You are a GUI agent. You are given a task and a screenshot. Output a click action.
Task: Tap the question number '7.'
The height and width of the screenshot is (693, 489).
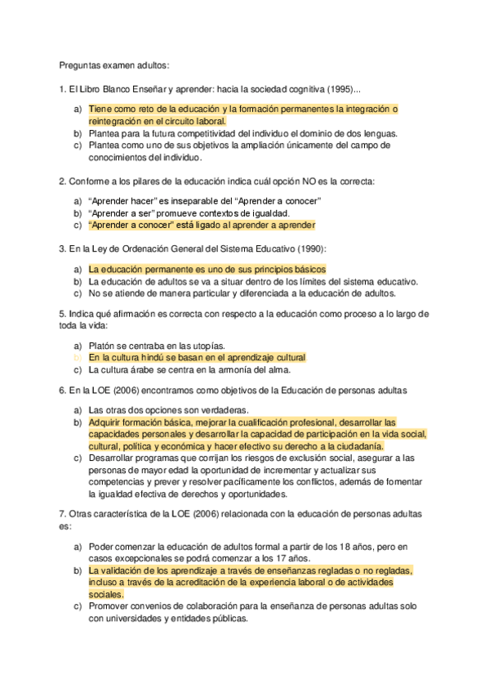(x=62, y=513)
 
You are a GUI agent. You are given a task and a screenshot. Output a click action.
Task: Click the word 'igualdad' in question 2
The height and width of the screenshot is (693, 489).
(x=252, y=213)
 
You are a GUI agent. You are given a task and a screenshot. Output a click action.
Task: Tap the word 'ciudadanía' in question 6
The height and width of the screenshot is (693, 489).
(x=355, y=446)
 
